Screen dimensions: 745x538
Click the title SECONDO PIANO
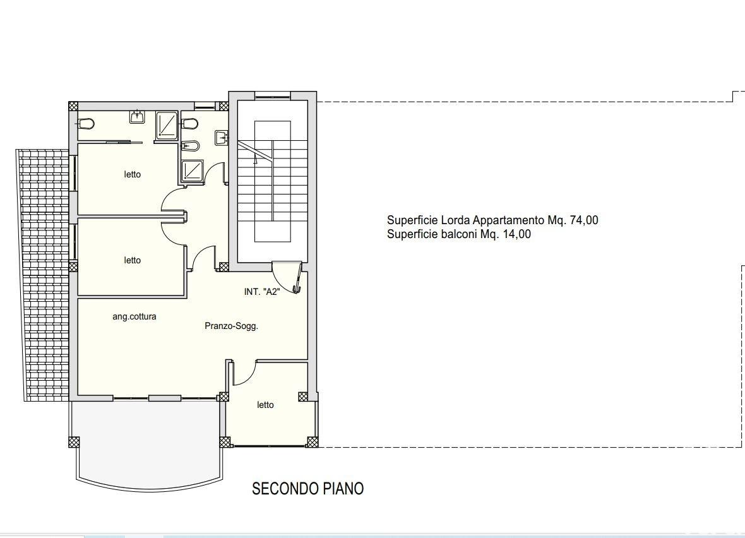307,489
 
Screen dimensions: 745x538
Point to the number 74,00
584,220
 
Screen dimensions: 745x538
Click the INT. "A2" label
262,292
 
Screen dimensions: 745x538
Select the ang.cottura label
134,316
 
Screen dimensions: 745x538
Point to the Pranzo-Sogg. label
231,326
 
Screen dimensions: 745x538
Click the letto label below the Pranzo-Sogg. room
265,405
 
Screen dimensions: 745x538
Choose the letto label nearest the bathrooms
133,174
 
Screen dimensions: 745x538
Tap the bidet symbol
190,145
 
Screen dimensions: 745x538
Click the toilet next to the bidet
189,124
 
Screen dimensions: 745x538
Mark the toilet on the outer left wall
86,124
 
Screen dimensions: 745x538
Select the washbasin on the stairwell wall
222,138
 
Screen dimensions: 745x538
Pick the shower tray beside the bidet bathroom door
192,171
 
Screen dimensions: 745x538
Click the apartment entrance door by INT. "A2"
287,278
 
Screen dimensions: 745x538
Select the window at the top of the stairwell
272,97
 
